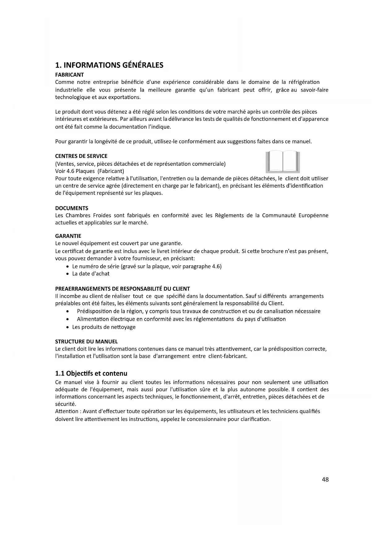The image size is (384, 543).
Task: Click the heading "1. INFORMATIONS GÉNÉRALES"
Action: tap(109, 65)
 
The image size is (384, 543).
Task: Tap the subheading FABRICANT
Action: tap(69, 75)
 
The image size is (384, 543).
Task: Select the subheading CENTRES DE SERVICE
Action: tap(81, 156)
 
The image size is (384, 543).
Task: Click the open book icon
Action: tap(283, 162)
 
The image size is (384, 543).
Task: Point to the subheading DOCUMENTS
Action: tap(71, 208)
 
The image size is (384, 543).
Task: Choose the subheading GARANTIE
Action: tap(68, 236)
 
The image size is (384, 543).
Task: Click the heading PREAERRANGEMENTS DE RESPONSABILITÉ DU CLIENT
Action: tap(122, 289)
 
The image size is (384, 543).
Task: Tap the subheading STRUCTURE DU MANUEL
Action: tap(86, 341)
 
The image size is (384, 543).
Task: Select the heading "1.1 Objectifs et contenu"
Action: tap(91, 373)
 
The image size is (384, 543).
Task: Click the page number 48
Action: tap(325, 480)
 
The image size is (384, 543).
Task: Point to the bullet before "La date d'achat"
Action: tap(68, 274)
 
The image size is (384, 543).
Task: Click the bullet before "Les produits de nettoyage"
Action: tap(68, 327)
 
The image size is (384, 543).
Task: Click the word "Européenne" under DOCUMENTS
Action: tap(313, 215)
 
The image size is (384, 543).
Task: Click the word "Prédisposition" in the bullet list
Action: tap(95, 311)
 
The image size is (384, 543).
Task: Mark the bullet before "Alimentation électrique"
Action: tap(68, 319)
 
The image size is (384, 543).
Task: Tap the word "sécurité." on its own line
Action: tap(66, 404)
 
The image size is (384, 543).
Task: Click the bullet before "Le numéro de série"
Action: tap(68, 267)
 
